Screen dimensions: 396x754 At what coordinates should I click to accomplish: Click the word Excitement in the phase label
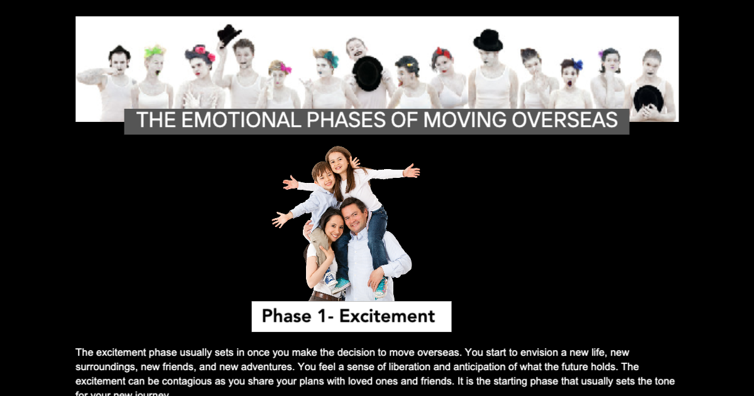(x=387, y=316)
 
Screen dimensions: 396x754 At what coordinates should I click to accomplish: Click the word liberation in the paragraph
(x=408, y=366)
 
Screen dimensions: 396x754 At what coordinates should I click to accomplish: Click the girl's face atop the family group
(x=339, y=163)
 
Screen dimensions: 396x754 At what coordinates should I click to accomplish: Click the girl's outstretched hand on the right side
(x=412, y=170)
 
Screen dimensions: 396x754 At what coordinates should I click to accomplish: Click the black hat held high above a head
(x=228, y=34)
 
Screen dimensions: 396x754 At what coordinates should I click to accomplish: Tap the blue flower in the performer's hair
(x=577, y=64)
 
